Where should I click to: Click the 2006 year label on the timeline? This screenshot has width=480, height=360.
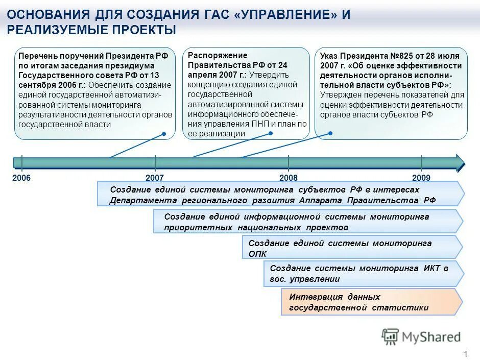(22, 178)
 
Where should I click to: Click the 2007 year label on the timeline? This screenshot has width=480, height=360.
(154, 178)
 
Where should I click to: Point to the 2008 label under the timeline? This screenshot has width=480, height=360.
(289, 178)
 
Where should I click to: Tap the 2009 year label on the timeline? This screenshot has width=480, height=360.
(421, 178)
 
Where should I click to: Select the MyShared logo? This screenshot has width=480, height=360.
(421, 337)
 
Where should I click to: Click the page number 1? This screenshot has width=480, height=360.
(465, 354)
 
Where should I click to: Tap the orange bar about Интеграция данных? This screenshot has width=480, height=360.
(372, 302)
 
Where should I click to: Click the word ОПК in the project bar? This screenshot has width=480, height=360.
(257, 254)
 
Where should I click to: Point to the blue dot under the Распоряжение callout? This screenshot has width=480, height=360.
(271, 133)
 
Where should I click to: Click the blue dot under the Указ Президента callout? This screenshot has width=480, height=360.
(330, 133)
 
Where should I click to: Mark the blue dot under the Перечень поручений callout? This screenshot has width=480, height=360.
(164, 134)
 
